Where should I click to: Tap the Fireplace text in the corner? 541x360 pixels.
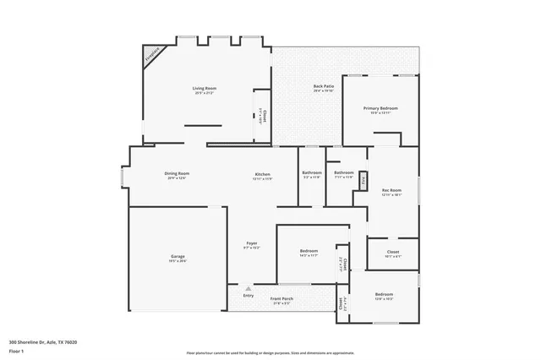152,56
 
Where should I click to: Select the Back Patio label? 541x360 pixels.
323,86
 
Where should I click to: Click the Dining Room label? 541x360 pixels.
177,173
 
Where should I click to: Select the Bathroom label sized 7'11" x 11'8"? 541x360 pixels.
344,173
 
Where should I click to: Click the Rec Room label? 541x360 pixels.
391,191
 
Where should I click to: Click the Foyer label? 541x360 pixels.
251,243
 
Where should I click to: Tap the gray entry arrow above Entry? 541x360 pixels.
248,288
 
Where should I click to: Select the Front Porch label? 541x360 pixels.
281,299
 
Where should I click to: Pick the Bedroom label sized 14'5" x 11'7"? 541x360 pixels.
309,251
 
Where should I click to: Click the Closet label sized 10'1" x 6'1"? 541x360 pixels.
393,252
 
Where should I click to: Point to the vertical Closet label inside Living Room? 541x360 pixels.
263,116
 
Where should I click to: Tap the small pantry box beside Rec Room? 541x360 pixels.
363,180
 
